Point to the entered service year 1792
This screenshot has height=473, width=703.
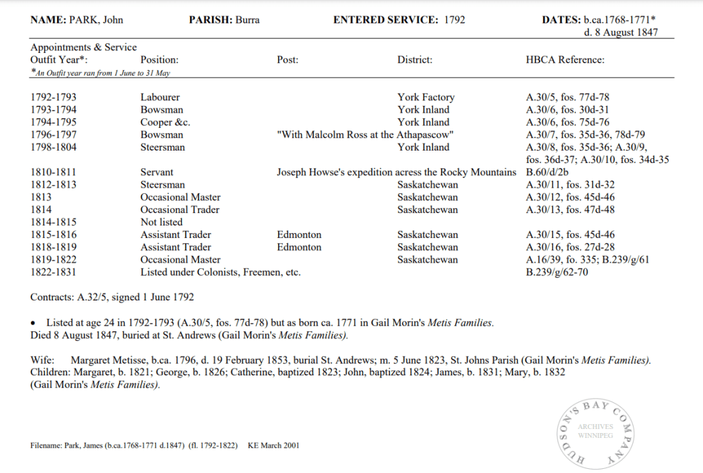pos(454,20)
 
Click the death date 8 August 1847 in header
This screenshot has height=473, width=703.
pos(621,32)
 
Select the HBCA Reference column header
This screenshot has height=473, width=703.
pos(564,60)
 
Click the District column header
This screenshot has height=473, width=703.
pos(415,60)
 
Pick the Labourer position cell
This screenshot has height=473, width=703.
pos(160,98)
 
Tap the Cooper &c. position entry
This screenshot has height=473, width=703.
pos(165,122)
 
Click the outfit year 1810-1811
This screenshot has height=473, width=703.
pos(54,172)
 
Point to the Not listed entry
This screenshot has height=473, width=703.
pos(161,222)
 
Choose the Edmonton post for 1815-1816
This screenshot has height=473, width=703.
pos(299,234)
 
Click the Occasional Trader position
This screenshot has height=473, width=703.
pos(181,210)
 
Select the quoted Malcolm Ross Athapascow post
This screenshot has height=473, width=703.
pos(365,135)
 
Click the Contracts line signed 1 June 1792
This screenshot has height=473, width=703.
pos(112,298)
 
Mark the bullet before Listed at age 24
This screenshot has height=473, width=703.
pos(33,322)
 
